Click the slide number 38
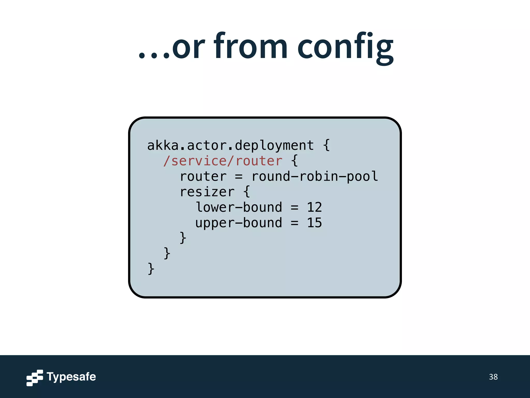click(493, 377)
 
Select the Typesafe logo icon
click(35, 378)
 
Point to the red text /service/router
click(223, 161)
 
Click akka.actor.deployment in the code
click(230, 145)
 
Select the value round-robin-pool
click(315, 176)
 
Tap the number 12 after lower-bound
click(314, 207)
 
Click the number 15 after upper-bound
click(314, 223)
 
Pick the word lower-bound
click(239, 207)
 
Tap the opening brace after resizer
click(247, 192)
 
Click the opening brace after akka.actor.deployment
click(327, 145)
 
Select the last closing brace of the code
click(151, 269)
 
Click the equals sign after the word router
click(239, 177)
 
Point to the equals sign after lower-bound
click(295, 208)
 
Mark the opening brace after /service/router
click(295, 161)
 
